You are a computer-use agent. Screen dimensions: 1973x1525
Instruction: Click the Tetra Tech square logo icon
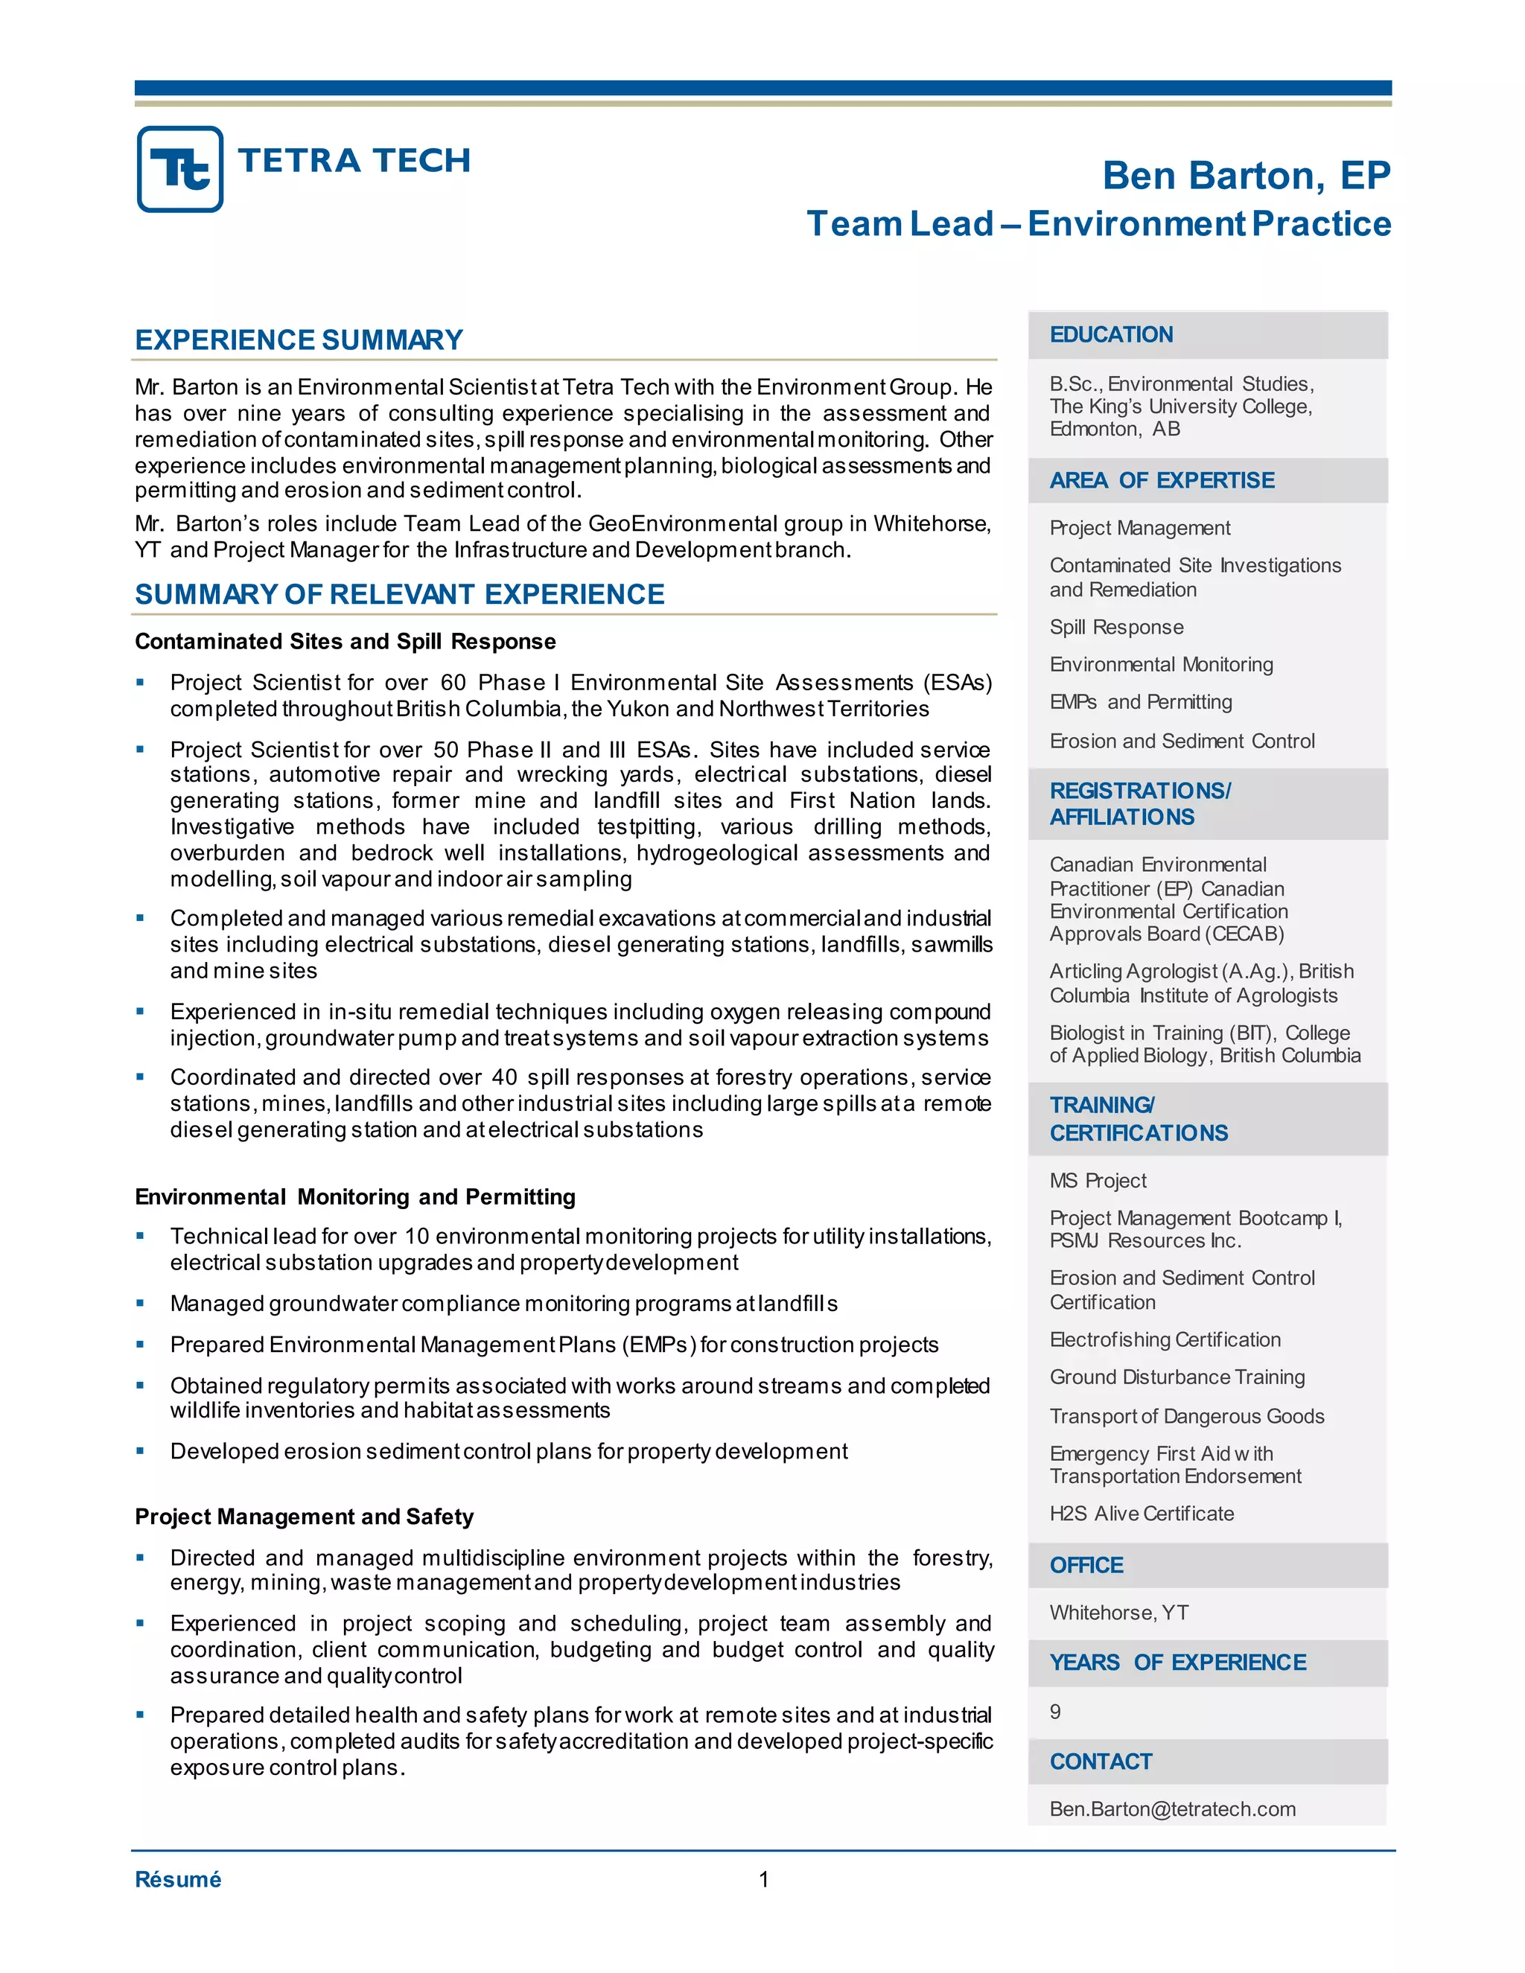(179, 169)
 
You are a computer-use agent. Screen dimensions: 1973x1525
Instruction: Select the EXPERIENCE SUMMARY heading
(298, 340)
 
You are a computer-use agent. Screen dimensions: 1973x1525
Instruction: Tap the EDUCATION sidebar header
(1110, 335)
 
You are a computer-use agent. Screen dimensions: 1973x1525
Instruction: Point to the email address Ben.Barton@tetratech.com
(1172, 1808)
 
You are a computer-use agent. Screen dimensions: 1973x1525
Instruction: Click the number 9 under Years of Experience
(1055, 1711)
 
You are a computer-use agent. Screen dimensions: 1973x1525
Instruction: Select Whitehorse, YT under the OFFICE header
(1118, 1613)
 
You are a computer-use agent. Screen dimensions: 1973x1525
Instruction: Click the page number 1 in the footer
(763, 1880)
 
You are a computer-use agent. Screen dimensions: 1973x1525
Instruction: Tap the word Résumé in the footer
(178, 1879)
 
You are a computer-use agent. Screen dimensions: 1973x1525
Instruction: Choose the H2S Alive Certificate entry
(1141, 1513)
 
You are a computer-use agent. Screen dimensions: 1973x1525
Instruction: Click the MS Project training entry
(1097, 1181)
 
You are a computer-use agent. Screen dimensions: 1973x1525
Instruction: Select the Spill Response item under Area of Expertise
(1115, 627)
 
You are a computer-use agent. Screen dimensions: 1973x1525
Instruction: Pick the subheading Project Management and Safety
(304, 1517)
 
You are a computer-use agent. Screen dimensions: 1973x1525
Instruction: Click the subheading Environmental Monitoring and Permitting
(355, 1197)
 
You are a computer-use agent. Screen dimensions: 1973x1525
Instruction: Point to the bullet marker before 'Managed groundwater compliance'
(140, 1303)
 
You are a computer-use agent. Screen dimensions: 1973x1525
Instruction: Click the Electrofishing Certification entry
(1165, 1339)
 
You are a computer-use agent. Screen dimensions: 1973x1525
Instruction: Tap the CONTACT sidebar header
(1101, 1762)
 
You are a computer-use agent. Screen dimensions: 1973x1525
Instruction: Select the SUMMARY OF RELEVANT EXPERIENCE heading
(399, 594)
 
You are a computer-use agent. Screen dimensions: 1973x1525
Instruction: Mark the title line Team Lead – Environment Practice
(1098, 224)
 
